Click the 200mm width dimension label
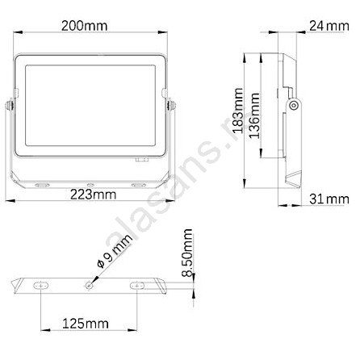(84, 26)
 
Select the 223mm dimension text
(93, 195)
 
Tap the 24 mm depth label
(329, 26)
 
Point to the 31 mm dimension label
(329, 199)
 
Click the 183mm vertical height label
(238, 111)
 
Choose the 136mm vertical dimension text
(254, 115)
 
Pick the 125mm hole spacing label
(86, 324)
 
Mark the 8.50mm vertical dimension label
(187, 253)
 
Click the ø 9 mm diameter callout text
(115, 251)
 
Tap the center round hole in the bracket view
(89, 285)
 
